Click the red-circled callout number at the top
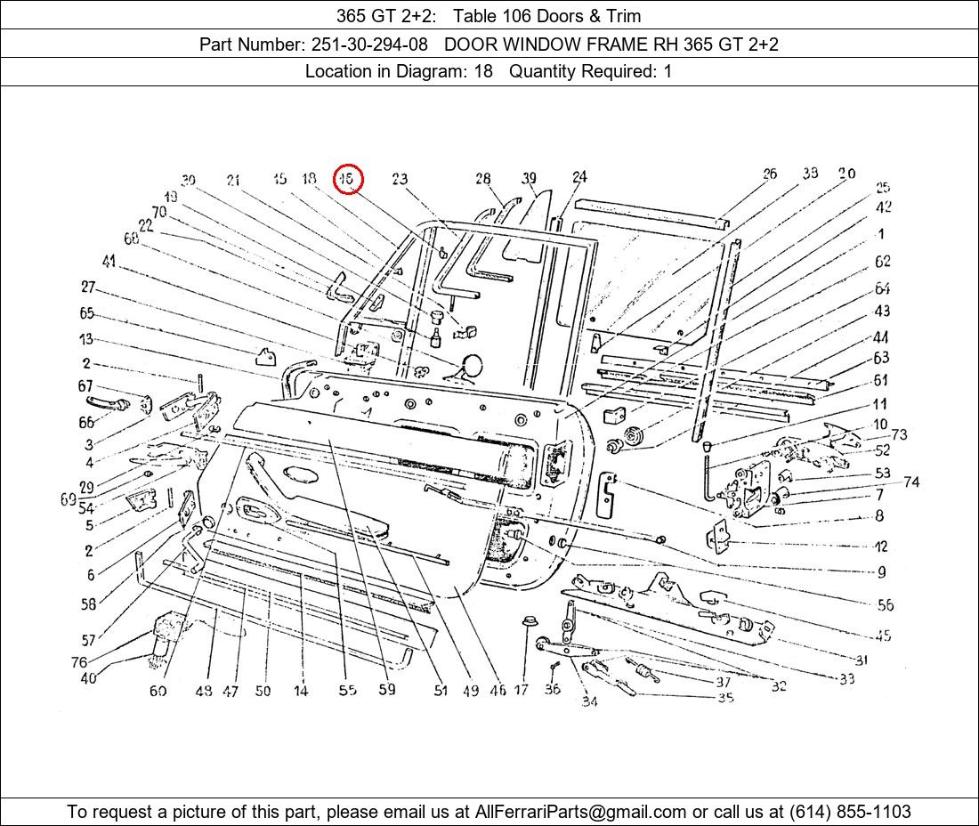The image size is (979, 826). click(349, 179)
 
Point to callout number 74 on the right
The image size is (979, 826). click(910, 482)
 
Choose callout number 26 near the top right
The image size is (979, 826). click(769, 174)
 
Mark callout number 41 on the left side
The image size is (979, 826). click(109, 261)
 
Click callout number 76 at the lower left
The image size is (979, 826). click(79, 662)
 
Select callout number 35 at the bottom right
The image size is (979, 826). click(725, 698)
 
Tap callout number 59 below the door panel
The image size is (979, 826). click(387, 689)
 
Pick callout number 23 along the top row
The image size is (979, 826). click(399, 179)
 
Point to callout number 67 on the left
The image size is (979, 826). click(85, 385)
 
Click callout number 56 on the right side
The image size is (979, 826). click(885, 604)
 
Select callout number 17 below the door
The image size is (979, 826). click(522, 690)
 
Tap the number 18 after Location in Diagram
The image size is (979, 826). click(482, 71)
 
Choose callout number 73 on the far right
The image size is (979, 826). click(899, 434)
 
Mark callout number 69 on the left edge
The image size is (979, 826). click(68, 499)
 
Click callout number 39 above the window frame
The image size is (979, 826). click(530, 179)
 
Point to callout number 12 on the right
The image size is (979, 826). click(880, 547)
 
